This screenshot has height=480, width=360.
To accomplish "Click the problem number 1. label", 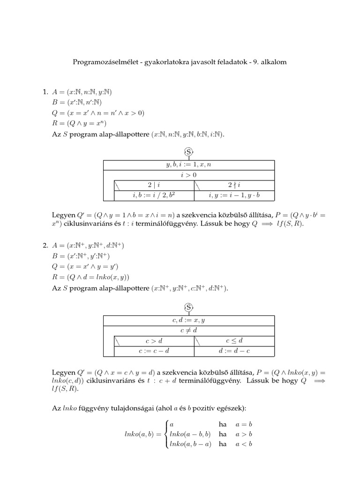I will point(46,91).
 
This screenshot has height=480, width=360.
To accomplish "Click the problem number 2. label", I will point(46,245).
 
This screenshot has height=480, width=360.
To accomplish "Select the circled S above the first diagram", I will point(188,152).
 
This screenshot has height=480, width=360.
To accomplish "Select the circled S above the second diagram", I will point(188,307).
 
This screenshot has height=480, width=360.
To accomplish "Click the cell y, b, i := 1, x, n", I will point(188,165).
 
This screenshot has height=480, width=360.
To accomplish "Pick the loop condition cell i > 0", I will point(188,175).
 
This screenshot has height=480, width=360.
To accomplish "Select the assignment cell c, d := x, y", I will point(188,320).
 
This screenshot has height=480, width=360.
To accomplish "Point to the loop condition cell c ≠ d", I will point(188,330).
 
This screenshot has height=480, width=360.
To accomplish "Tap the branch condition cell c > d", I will point(154,341).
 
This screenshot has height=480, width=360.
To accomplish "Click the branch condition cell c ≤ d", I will point(234,341).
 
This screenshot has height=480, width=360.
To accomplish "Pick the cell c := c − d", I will point(154,351).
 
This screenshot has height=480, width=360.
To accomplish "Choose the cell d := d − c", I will point(234,351).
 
